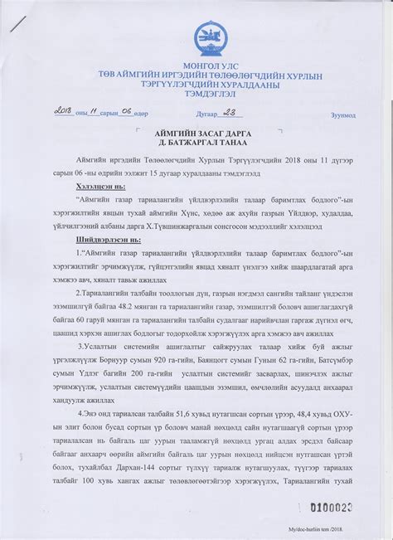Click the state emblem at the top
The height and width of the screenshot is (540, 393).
(x=208, y=38)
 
